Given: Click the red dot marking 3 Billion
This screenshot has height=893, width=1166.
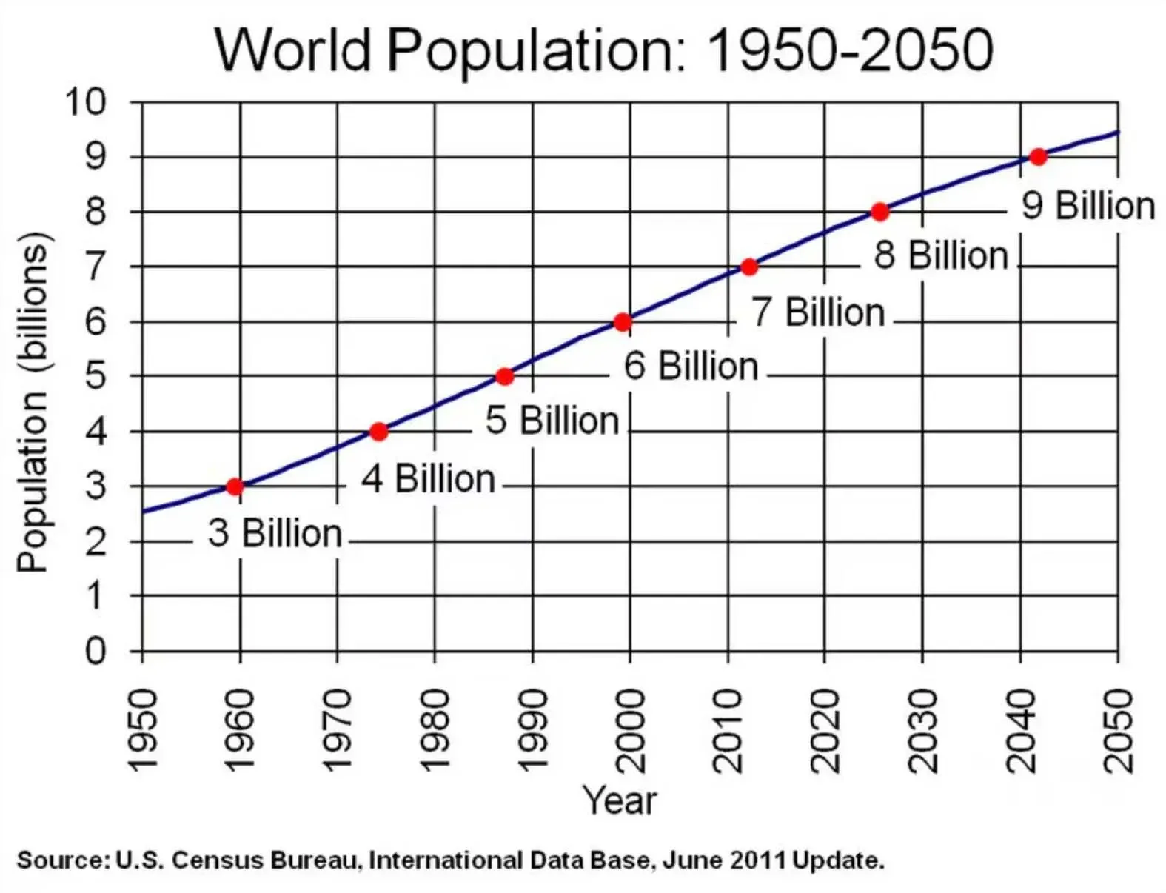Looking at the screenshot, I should pyautogui.click(x=235, y=486).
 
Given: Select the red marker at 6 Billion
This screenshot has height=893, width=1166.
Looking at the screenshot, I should pyautogui.click(x=623, y=321).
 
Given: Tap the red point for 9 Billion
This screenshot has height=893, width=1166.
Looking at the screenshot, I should pyautogui.click(x=1038, y=157).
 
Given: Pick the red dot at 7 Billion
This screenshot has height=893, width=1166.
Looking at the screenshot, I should pyautogui.click(x=748, y=267).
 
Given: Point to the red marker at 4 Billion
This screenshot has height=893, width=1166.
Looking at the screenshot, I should pyautogui.click(x=378, y=432).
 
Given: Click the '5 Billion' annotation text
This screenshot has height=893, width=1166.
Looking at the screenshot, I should pyautogui.click(x=552, y=421).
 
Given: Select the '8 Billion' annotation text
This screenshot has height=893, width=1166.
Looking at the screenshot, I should pyautogui.click(x=941, y=255).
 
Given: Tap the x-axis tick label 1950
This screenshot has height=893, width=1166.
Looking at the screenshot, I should pyautogui.click(x=142, y=730).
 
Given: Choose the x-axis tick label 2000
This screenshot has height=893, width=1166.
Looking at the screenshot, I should pyautogui.click(x=630, y=730).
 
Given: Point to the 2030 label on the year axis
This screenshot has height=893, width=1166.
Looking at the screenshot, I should pyautogui.click(x=922, y=730).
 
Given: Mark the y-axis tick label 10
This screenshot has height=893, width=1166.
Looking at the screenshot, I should pyautogui.click(x=85, y=101).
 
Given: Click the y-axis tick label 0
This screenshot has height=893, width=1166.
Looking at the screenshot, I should pyautogui.click(x=96, y=652).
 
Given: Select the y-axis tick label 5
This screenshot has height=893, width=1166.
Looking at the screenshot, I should pyautogui.click(x=96, y=376).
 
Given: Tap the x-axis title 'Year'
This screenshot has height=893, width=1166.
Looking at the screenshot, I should pyautogui.click(x=620, y=800).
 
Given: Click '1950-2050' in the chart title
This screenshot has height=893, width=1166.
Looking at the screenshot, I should pyautogui.click(x=850, y=50).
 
